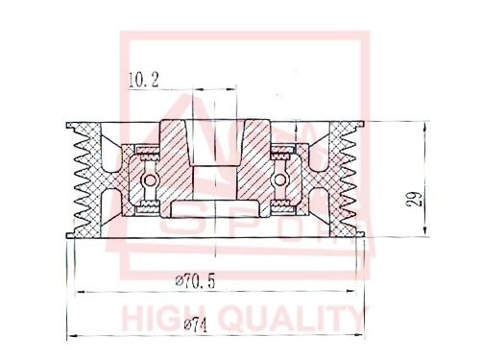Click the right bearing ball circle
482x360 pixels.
click(279, 179)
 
